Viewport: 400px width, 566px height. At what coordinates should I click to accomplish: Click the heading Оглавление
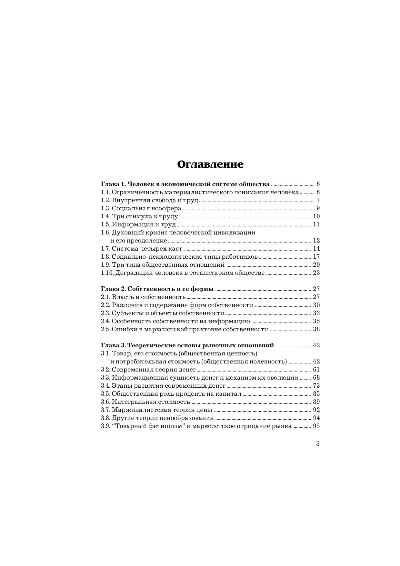(x=210, y=164)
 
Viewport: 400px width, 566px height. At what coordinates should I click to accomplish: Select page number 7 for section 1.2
(x=318, y=200)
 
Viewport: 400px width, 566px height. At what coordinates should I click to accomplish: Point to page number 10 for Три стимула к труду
(x=316, y=216)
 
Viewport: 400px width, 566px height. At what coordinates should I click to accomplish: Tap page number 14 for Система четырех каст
(x=316, y=249)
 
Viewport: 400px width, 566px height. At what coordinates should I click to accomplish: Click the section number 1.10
(x=107, y=273)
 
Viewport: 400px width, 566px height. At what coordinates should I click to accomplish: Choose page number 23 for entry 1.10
(x=316, y=273)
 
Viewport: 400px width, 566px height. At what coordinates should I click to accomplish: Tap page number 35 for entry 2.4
(x=316, y=321)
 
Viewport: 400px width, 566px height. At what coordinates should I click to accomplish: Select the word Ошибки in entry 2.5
(x=122, y=329)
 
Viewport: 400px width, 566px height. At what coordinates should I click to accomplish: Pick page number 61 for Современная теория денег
(x=316, y=370)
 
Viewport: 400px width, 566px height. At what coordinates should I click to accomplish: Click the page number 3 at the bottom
(x=318, y=443)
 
